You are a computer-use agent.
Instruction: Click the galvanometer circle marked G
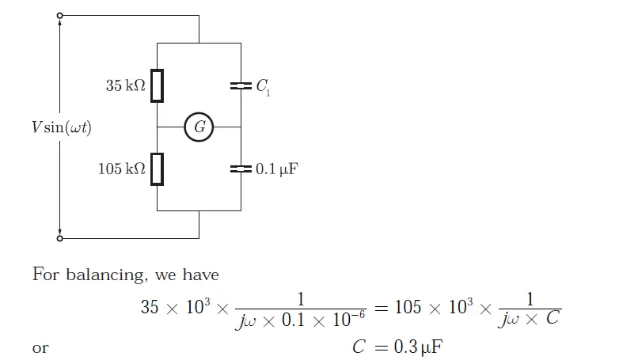click(x=199, y=127)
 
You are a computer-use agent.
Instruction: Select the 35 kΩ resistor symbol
click(x=158, y=86)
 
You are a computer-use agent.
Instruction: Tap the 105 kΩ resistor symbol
click(x=158, y=169)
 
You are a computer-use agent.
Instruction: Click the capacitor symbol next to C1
click(x=241, y=85)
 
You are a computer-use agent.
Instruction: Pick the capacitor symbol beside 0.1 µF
click(x=241, y=169)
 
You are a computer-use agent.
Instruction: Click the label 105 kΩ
click(x=122, y=169)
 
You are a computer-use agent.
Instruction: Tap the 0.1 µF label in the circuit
click(x=276, y=169)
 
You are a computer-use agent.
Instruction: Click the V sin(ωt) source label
click(x=62, y=127)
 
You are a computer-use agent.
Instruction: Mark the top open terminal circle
click(x=60, y=15)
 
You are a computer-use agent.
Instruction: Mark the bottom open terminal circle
click(x=60, y=237)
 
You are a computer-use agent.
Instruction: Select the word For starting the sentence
click(x=46, y=275)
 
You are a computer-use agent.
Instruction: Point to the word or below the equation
click(x=40, y=348)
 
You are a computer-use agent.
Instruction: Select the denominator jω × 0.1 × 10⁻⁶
click(x=301, y=320)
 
